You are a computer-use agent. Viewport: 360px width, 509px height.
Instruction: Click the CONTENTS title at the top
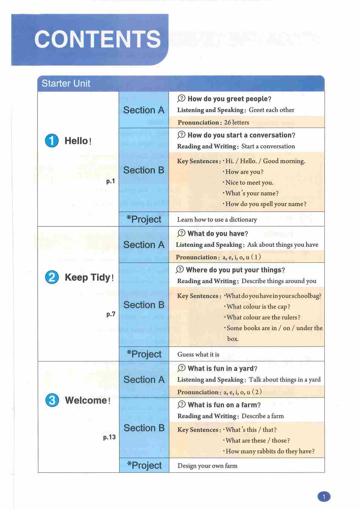pos(97,39)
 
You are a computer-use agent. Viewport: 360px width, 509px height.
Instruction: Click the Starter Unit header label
pos(66,84)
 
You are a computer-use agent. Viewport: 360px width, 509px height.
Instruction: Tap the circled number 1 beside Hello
pos(52,141)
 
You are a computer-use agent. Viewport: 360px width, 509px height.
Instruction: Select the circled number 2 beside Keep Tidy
pos(52,277)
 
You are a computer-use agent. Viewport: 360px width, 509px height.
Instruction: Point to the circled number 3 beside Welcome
pos(52,400)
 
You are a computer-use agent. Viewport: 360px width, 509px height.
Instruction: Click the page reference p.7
pos(111,314)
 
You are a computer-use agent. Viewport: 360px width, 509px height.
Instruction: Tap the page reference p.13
pos(109,437)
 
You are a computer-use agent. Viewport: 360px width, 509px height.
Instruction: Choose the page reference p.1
pos(111,181)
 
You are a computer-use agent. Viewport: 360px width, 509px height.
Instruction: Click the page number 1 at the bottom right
pos(324,497)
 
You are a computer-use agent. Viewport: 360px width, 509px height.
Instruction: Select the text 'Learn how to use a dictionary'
pos(217,220)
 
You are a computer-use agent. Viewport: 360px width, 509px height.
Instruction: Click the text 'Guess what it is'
pos(198,354)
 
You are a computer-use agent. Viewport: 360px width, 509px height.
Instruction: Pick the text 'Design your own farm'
pos(207,466)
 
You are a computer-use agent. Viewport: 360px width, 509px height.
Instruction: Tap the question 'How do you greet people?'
pos(229,99)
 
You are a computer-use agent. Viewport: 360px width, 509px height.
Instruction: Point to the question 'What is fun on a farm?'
pos(224,405)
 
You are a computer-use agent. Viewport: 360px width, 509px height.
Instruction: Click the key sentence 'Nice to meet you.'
pos(249,182)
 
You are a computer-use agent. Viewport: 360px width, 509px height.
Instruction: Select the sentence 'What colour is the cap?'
pos(258,307)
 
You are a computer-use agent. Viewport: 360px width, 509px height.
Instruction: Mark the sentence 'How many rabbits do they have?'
pos(270,451)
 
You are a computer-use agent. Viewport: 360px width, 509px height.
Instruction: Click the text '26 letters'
pos(237,123)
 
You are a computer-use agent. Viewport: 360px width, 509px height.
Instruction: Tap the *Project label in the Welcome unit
pos(144,465)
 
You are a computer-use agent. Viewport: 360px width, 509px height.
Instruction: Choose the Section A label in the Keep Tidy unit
pos(144,245)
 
